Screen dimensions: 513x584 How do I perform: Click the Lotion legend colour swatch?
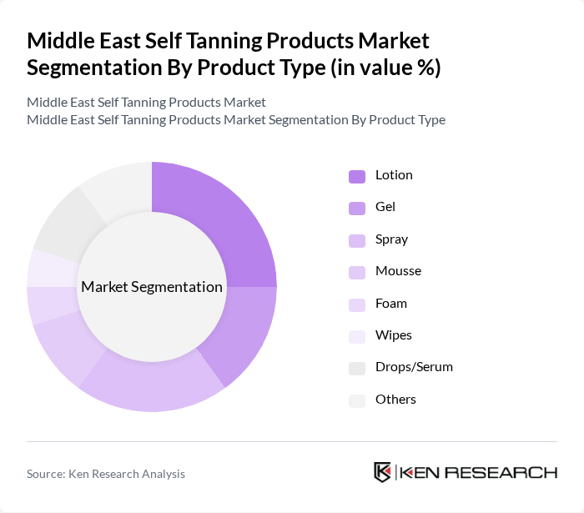coord(357,176)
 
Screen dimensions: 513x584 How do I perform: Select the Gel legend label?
coord(385,207)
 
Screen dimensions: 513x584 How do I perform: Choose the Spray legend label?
coord(391,239)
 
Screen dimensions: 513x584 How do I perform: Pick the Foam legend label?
coord(391,304)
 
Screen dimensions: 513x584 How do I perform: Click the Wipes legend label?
coord(393,335)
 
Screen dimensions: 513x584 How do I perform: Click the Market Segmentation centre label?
coord(152,287)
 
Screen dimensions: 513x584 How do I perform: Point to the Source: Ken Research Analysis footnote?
coord(106,474)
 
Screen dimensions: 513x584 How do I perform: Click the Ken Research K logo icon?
coord(382,472)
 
